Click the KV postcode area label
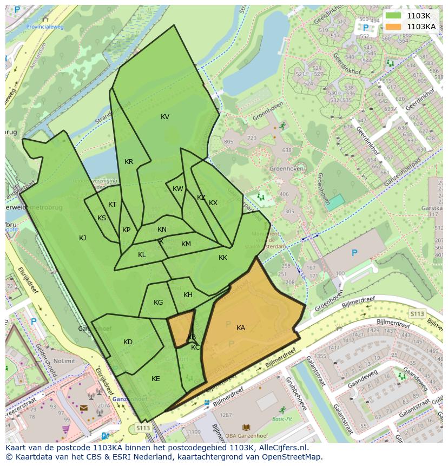[165, 117]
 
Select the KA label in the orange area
[241, 328]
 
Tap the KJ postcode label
[83, 238]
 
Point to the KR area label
[129, 162]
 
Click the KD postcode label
[128, 342]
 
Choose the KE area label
[156, 379]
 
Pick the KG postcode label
[158, 303]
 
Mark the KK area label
[223, 258]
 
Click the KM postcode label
[186, 244]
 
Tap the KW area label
[177, 189]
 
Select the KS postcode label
[102, 218]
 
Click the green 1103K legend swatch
[393, 15]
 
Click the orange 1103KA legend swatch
[393, 26]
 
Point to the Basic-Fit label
[282, 419]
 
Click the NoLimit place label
[64, 361]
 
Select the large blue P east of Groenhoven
[354, 253]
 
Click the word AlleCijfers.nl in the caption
[282, 448]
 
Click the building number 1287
[226, 415]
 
